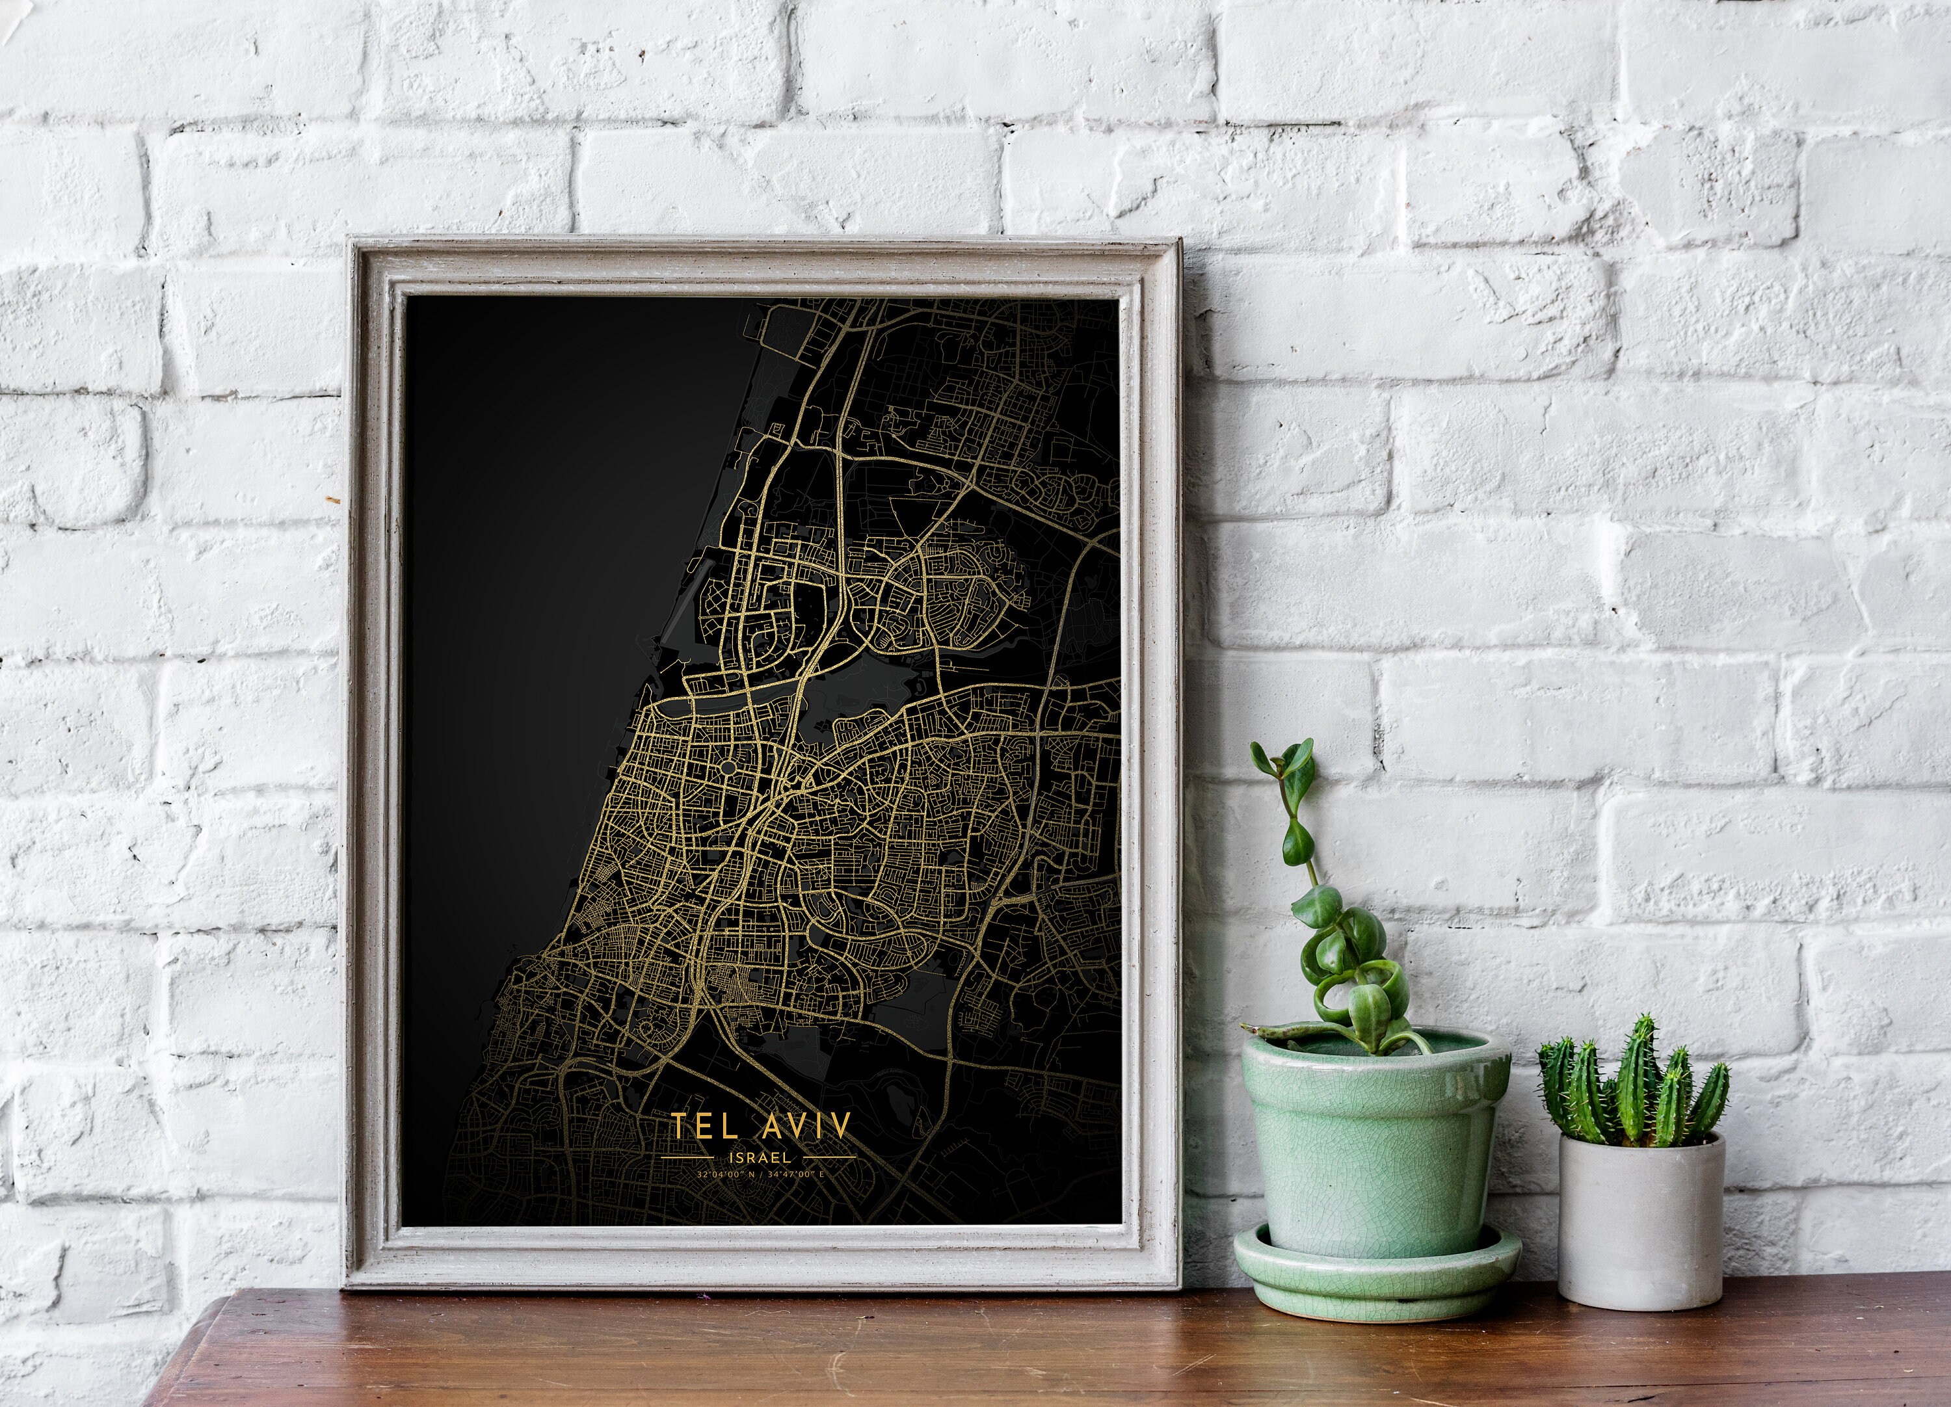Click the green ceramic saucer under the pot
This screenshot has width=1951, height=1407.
coord(1376,1282)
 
